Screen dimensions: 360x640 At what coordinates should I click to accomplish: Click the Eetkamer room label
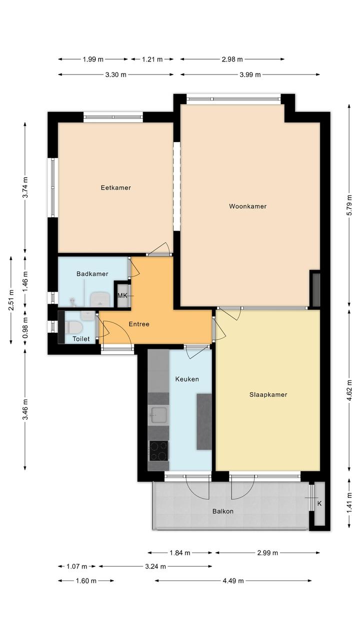coord(115,188)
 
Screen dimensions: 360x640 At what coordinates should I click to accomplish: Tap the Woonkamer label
coord(248,206)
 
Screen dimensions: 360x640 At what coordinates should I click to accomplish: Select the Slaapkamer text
coord(268,395)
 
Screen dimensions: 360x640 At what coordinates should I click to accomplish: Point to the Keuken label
coord(187,379)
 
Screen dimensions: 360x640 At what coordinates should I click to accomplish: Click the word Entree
coord(139,324)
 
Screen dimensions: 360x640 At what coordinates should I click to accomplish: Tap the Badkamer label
coord(92,274)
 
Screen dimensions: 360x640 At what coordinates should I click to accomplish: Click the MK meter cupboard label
coord(122,295)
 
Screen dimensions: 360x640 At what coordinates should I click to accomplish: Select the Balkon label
coord(223,511)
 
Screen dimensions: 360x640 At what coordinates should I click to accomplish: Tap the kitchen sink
coord(158,415)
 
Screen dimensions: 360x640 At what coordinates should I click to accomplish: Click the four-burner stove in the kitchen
coord(159,450)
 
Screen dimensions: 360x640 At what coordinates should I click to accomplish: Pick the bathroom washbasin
coord(100,299)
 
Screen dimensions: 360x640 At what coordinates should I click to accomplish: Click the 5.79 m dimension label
coord(349,205)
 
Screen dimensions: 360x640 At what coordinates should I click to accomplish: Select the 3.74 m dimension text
coord(25,188)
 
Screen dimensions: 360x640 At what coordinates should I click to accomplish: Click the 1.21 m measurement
coord(152,60)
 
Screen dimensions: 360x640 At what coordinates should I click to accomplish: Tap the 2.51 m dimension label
coord(11,300)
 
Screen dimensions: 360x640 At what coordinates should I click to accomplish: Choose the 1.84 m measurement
coord(180,553)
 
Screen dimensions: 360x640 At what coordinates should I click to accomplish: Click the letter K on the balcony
coord(319,503)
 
